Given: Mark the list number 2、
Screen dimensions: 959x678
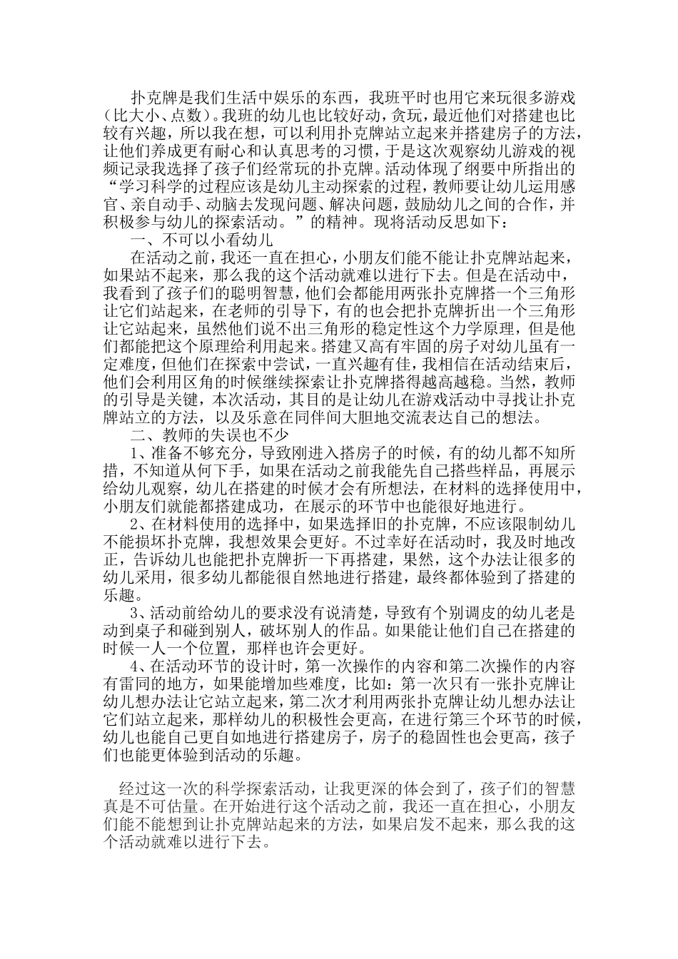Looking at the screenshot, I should (139, 524).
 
